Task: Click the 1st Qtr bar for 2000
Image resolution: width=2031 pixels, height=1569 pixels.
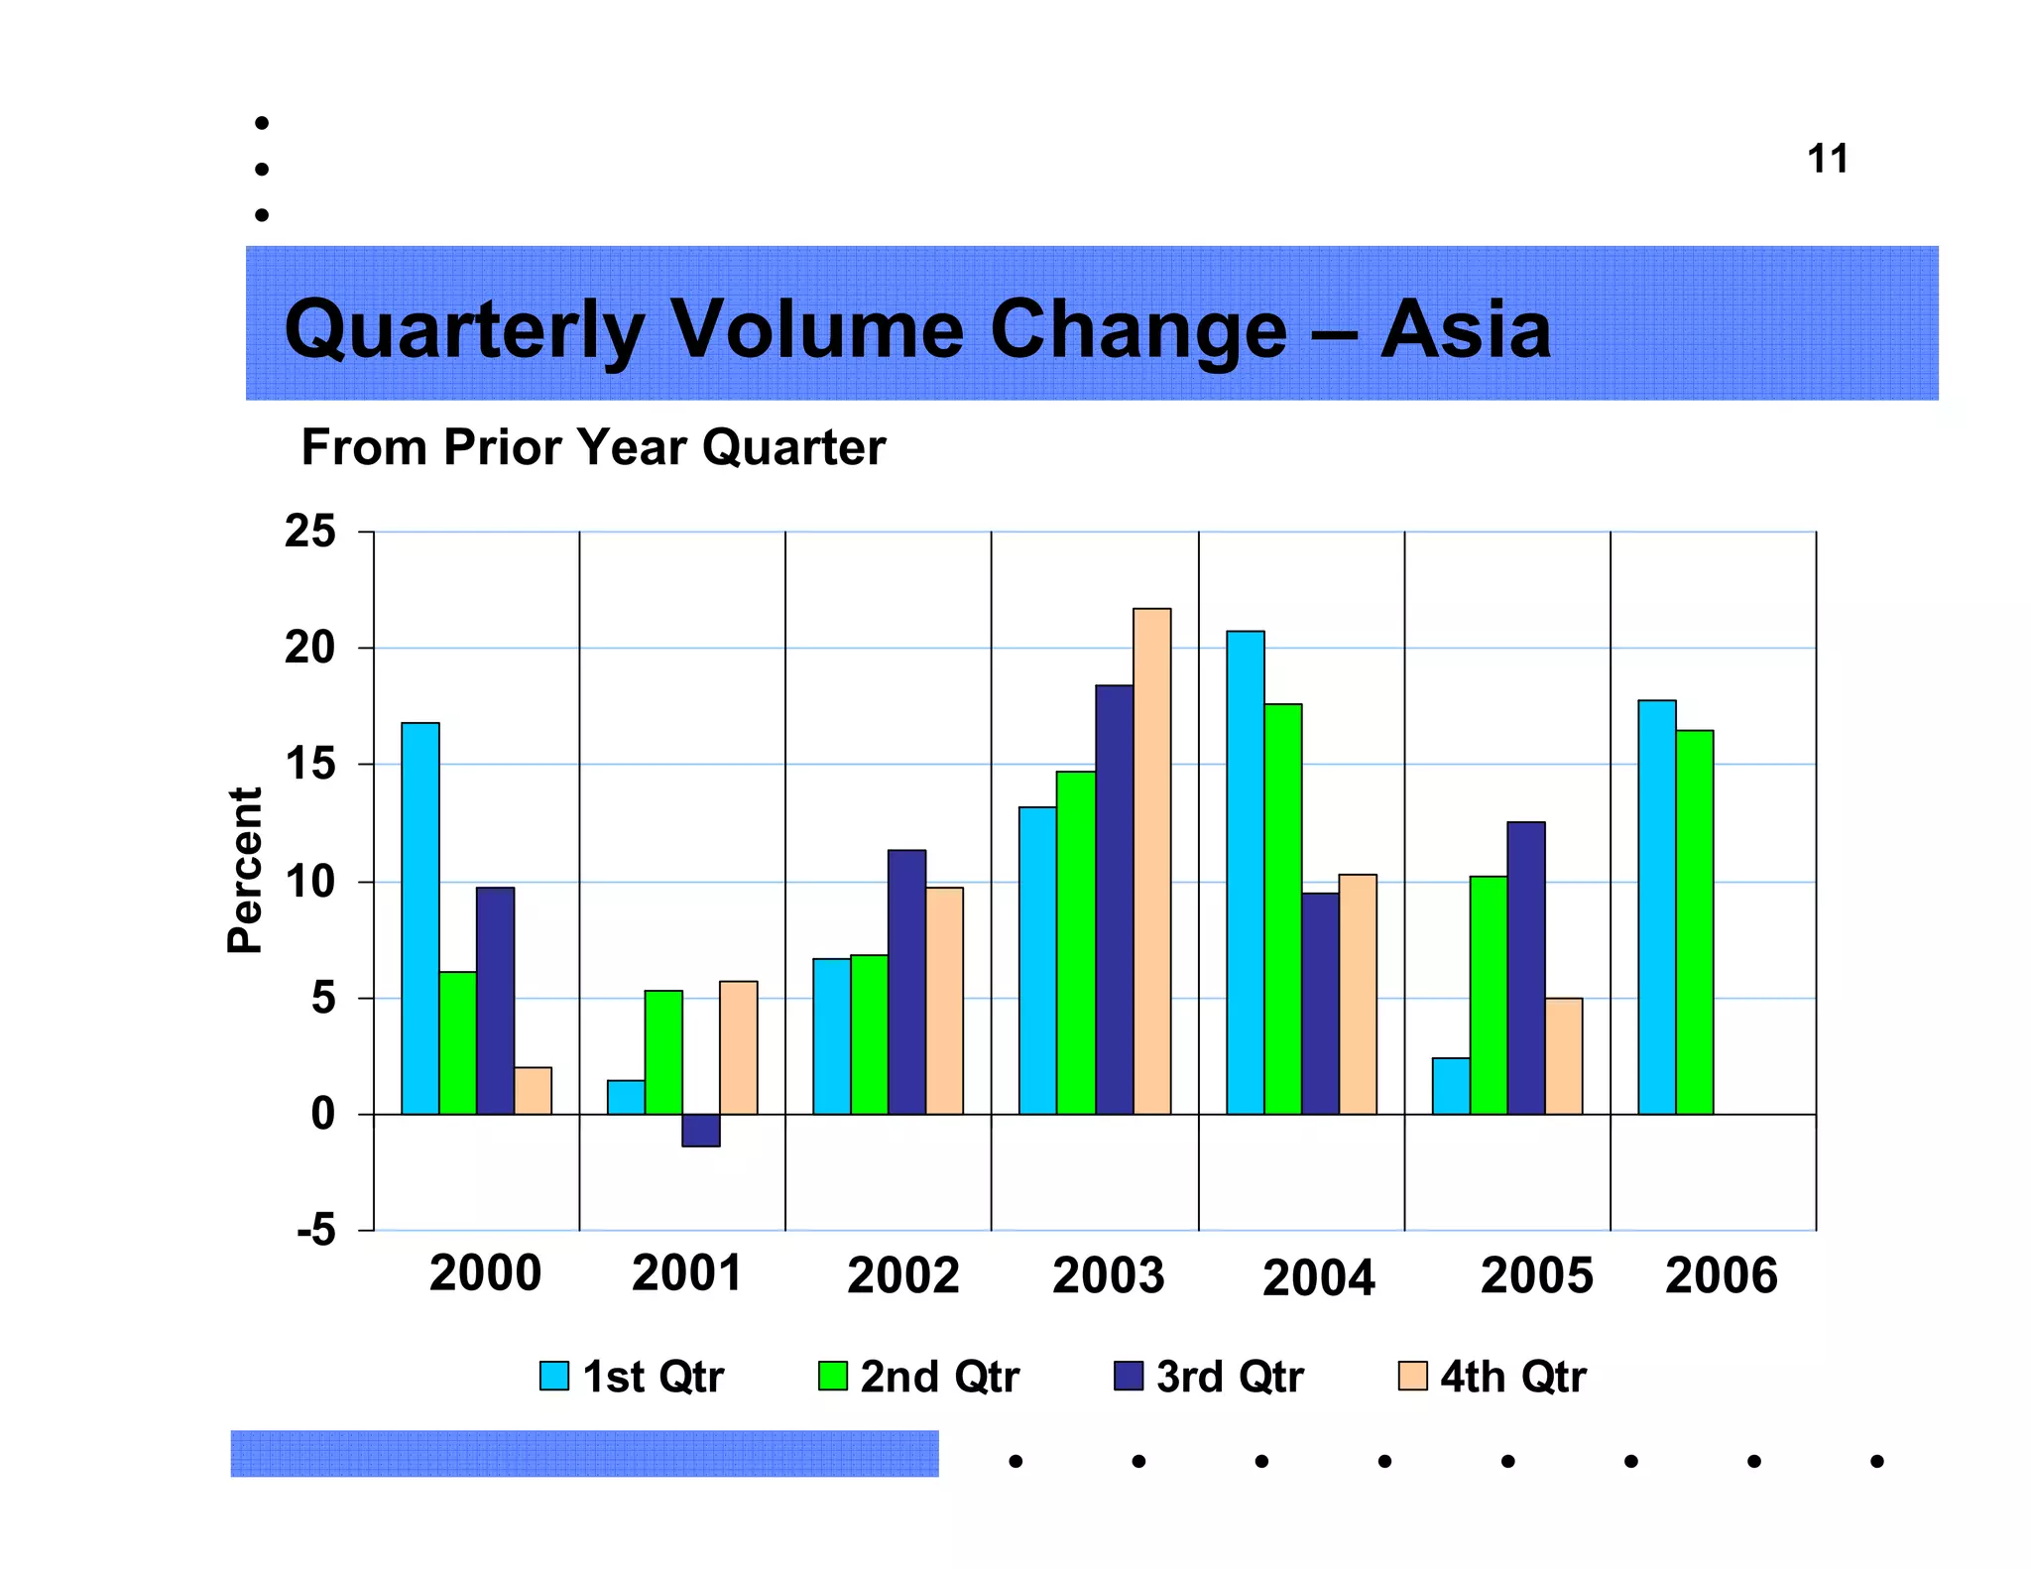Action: point(419,918)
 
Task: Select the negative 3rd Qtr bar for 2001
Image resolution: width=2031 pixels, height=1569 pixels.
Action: point(701,1131)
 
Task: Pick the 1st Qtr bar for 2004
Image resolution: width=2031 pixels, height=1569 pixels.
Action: point(1245,873)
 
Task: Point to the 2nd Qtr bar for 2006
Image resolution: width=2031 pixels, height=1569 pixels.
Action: point(1694,922)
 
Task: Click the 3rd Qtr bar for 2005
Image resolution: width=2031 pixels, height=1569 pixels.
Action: point(1525,968)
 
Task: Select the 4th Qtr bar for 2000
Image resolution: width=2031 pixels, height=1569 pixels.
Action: point(533,1091)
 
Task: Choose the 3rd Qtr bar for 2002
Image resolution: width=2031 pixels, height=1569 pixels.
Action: point(906,982)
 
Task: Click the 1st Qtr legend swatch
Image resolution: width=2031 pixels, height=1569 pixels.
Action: point(554,1376)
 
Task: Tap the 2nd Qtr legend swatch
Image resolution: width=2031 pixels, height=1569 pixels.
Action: point(832,1376)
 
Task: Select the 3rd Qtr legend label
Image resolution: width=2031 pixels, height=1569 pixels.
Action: point(1230,1377)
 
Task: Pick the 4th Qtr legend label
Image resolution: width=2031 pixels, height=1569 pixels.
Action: point(1513,1377)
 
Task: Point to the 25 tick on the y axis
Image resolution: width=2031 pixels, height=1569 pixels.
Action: point(310,532)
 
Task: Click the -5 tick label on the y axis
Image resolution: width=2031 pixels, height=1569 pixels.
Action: point(316,1231)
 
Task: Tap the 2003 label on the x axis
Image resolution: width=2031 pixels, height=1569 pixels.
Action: point(1108,1274)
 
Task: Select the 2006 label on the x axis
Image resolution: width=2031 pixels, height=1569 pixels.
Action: point(1721,1274)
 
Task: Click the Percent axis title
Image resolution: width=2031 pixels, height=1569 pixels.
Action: point(245,870)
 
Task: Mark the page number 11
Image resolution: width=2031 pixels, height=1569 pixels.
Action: point(1827,159)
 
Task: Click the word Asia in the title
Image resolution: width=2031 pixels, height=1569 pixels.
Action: point(1465,329)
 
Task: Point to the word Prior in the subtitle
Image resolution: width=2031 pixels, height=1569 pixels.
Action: point(505,447)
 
